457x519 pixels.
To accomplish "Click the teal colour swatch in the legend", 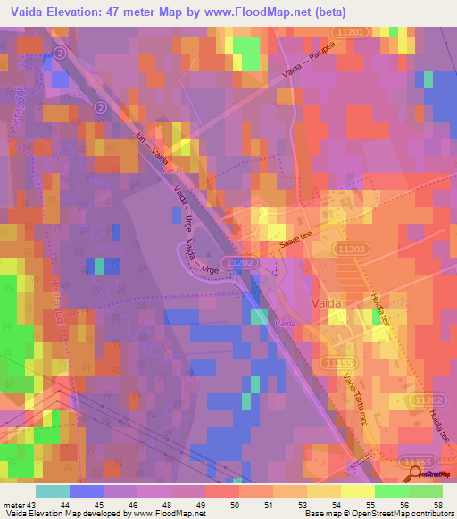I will click(53, 491).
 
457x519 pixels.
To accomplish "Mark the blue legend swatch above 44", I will click(87, 491).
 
